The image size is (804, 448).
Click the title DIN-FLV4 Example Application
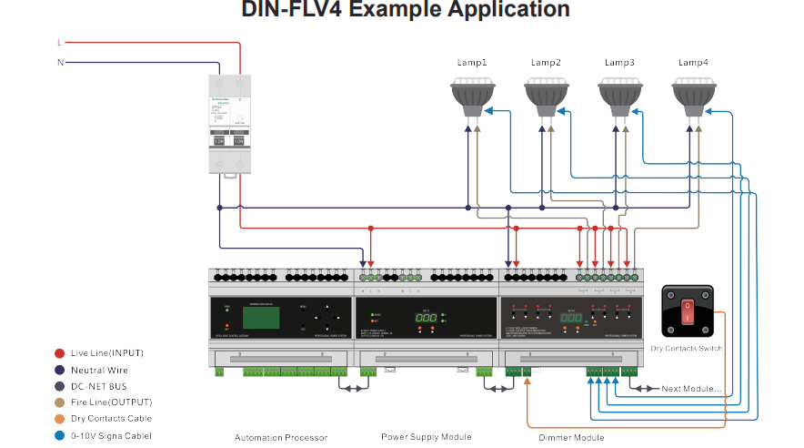405,11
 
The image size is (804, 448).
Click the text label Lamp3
618,63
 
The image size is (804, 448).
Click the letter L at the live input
59,43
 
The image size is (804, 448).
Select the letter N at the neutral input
60,63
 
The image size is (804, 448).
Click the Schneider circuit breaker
228,123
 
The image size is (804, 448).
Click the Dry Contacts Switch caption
688,349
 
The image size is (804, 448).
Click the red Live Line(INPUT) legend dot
59,353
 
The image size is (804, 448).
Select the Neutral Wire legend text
99,370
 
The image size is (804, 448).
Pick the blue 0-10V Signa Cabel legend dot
59,435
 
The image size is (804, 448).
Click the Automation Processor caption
280,438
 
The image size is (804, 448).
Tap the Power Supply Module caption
426,437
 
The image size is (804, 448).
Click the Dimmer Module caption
571,438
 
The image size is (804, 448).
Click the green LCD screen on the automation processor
260,317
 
